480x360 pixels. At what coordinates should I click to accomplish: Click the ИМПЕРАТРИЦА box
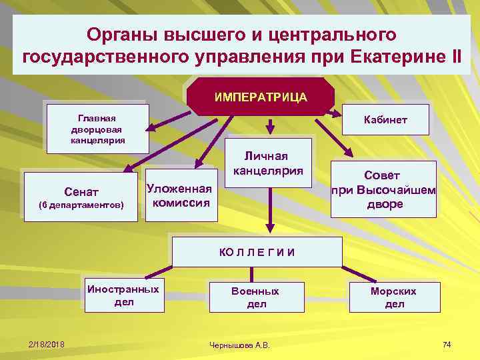pos(261,97)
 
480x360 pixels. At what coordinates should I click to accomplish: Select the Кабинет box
pos(385,120)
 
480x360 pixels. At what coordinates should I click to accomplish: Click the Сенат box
pos(81,193)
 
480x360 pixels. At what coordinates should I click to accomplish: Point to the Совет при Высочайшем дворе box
pos(385,189)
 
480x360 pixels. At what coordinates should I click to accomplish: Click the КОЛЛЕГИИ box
pos(257,251)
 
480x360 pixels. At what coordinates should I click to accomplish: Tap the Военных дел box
pos(255,297)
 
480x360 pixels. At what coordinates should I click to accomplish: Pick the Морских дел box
pos(393,297)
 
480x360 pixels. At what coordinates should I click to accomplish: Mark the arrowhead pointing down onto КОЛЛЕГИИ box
pos(269,230)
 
